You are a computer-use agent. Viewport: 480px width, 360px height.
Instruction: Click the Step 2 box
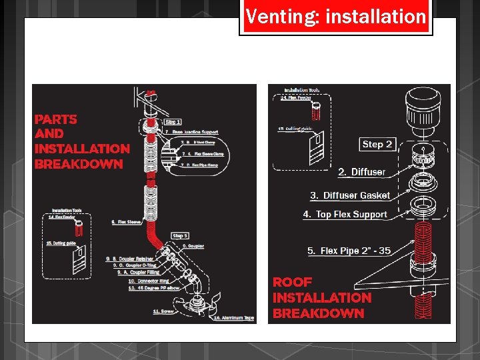377,144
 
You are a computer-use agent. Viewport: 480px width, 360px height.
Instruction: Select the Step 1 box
173,122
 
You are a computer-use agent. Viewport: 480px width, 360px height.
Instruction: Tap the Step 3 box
180,235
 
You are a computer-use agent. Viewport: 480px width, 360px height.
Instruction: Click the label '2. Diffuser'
361,172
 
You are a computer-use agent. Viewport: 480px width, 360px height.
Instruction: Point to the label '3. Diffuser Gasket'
350,195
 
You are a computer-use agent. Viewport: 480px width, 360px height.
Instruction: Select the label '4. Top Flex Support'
345,214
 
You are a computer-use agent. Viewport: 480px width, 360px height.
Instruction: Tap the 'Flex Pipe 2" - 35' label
349,251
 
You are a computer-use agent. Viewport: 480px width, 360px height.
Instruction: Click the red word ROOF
292,282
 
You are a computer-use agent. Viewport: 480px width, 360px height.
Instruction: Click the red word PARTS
56,119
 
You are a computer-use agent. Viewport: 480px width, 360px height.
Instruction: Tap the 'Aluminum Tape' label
233,318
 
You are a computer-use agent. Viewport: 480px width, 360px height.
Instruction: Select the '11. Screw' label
164,311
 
